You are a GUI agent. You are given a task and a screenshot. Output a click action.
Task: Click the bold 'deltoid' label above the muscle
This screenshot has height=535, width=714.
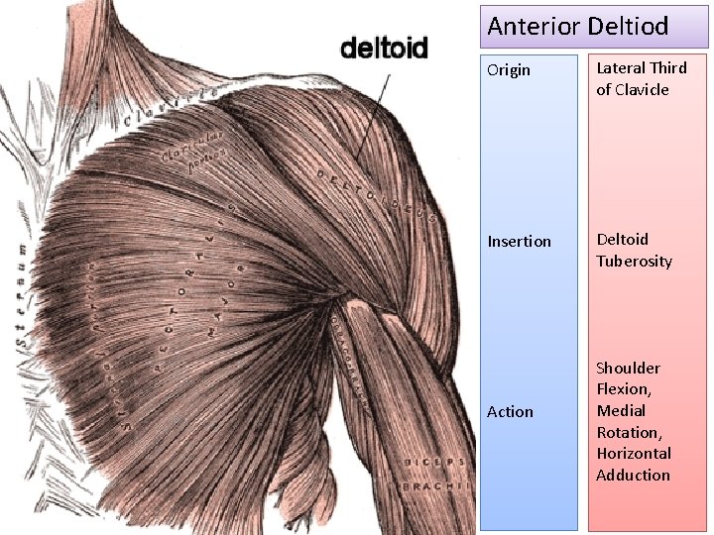click(x=384, y=48)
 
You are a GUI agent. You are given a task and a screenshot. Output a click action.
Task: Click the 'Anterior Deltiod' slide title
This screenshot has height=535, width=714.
click(x=578, y=27)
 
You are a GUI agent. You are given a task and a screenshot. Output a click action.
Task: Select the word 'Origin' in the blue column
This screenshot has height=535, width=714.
click(x=509, y=70)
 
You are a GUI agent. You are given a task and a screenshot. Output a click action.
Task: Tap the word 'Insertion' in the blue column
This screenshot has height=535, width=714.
click(x=519, y=241)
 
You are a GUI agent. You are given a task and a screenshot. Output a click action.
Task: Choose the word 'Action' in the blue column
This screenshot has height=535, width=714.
click(x=510, y=411)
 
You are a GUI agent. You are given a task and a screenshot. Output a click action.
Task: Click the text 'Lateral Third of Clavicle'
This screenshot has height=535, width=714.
click(x=641, y=78)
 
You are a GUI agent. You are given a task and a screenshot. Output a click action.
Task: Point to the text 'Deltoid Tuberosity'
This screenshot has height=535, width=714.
click(x=634, y=250)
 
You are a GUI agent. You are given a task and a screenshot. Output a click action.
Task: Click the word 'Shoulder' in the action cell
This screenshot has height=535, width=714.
click(x=628, y=369)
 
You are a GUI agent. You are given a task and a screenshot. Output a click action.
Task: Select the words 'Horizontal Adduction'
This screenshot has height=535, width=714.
click(x=633, y=464)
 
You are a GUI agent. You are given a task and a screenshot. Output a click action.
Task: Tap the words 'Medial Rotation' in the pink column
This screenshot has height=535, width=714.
click(x=622, y=421)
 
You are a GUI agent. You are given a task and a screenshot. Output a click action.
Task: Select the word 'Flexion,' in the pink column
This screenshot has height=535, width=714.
click(x=623, y=389)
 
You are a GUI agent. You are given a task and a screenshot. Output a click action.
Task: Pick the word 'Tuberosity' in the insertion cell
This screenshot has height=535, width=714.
click(x=634, y=261)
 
